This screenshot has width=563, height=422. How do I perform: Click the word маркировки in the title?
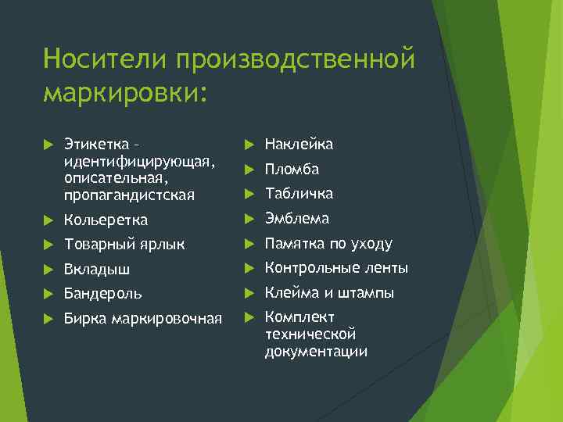pos(124,92)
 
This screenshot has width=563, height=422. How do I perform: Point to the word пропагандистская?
pos(130,193)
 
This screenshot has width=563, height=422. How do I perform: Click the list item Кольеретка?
pos(106,220)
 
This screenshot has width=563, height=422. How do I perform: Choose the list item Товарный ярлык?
pos(124,245)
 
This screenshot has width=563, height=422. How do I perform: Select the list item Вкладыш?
pos(97,270)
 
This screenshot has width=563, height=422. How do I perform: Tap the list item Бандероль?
pos(102,294)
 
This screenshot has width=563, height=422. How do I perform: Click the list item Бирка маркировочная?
pos(142,319)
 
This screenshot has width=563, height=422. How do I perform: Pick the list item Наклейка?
pos(299,145)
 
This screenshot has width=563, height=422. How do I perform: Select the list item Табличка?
pos(299,193)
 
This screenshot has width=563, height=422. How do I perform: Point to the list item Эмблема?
pos(296,218)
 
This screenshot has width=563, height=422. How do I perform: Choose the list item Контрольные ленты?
pos(336,269)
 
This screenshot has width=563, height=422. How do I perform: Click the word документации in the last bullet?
pos(316,352)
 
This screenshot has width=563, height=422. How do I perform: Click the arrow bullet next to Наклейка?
pos(249,145)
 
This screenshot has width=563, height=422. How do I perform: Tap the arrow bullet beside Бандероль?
pos(48,295)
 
